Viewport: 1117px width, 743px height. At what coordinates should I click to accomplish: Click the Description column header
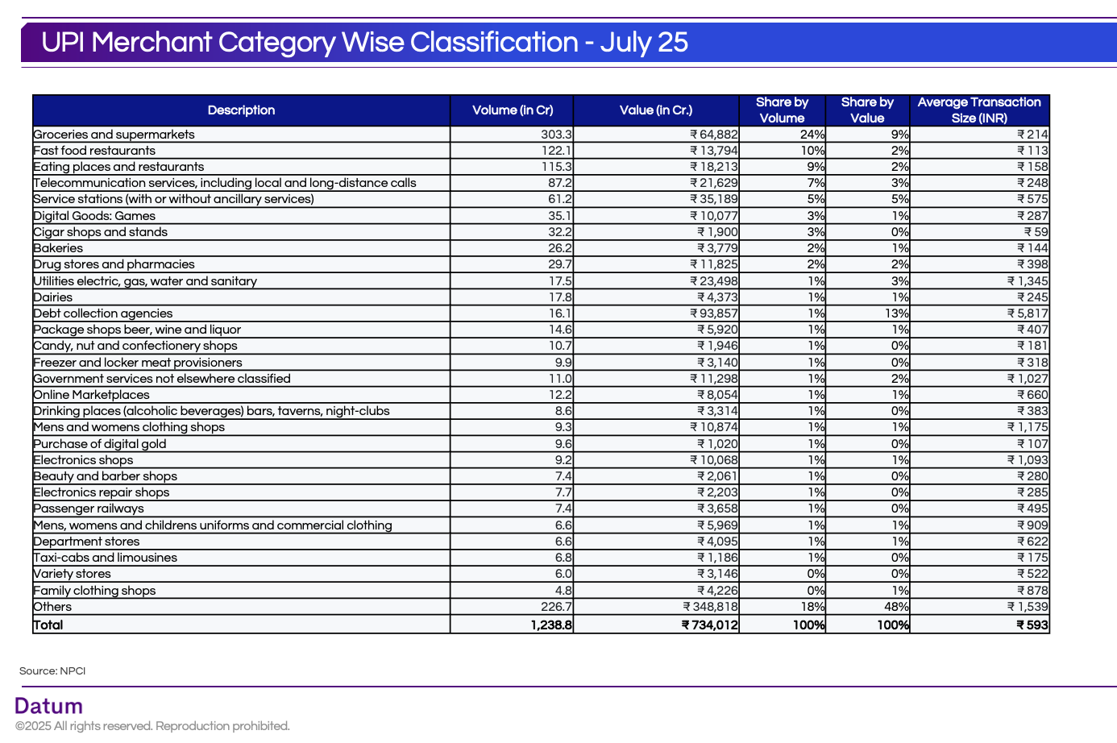241,110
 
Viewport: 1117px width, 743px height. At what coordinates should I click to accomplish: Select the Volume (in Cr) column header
513,110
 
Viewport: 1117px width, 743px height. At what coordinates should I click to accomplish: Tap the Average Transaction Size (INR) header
979,110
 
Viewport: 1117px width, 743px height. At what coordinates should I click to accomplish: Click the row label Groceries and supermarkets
114,135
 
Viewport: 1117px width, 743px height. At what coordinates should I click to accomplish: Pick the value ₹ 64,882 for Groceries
713,135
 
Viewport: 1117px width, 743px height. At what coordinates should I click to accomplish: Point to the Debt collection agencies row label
103,313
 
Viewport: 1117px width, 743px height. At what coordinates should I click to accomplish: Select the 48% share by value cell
896,607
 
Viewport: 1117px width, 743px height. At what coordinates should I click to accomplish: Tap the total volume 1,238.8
551,625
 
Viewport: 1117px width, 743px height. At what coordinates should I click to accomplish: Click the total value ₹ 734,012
709,625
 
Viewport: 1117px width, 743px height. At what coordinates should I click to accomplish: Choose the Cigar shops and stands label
101,232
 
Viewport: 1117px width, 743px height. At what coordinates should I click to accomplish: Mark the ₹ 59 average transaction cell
1036,232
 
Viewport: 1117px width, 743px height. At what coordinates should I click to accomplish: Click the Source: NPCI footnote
52,670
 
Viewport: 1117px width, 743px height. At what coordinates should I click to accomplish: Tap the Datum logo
49,706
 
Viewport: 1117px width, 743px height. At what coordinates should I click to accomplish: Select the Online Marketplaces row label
92,395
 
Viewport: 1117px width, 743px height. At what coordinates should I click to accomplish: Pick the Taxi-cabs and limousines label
106,558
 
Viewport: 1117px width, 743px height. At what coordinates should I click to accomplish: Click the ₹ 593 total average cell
1032,625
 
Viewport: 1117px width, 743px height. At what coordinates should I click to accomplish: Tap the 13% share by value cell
896,313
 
